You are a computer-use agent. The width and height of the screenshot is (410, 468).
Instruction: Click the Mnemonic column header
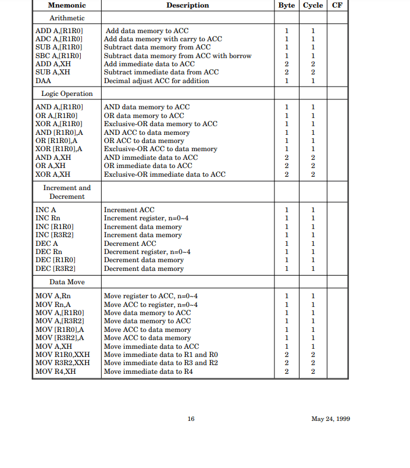coord(66,6)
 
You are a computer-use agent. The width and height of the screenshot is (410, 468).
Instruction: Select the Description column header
coord(187,6)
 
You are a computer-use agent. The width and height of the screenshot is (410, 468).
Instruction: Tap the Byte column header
coord(286,6)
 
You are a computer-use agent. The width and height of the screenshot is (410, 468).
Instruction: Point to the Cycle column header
coord(313,6)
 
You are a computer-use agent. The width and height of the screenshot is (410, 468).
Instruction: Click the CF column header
coord(337,6)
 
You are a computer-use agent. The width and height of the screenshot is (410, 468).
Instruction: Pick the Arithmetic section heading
coord(66,19)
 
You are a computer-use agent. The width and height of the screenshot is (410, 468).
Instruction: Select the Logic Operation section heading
coord(66,94)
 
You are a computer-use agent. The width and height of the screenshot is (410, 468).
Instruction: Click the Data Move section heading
coord(66,282)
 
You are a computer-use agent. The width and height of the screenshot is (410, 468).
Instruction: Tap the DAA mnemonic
coord(44,81)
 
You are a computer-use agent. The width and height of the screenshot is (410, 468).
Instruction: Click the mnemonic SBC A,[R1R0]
coord(59,56)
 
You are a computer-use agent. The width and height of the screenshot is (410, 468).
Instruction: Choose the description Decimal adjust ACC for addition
coord(156,81)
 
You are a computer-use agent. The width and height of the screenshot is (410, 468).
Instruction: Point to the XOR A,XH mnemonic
coord(53,174)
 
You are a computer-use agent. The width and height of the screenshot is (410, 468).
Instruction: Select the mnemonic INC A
coord(46,210)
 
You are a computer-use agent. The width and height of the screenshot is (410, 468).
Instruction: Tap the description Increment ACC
coord(129,210)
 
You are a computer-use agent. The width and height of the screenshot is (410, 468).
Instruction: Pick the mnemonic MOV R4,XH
coord(56,371)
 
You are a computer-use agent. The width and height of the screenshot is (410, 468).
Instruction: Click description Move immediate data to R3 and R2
coord(161,363)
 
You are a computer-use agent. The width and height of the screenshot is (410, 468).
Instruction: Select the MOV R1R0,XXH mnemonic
coord(63,355)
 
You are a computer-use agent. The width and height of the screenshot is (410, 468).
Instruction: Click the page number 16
coord(191,419)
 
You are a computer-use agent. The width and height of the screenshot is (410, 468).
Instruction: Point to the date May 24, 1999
coord(330,419)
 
